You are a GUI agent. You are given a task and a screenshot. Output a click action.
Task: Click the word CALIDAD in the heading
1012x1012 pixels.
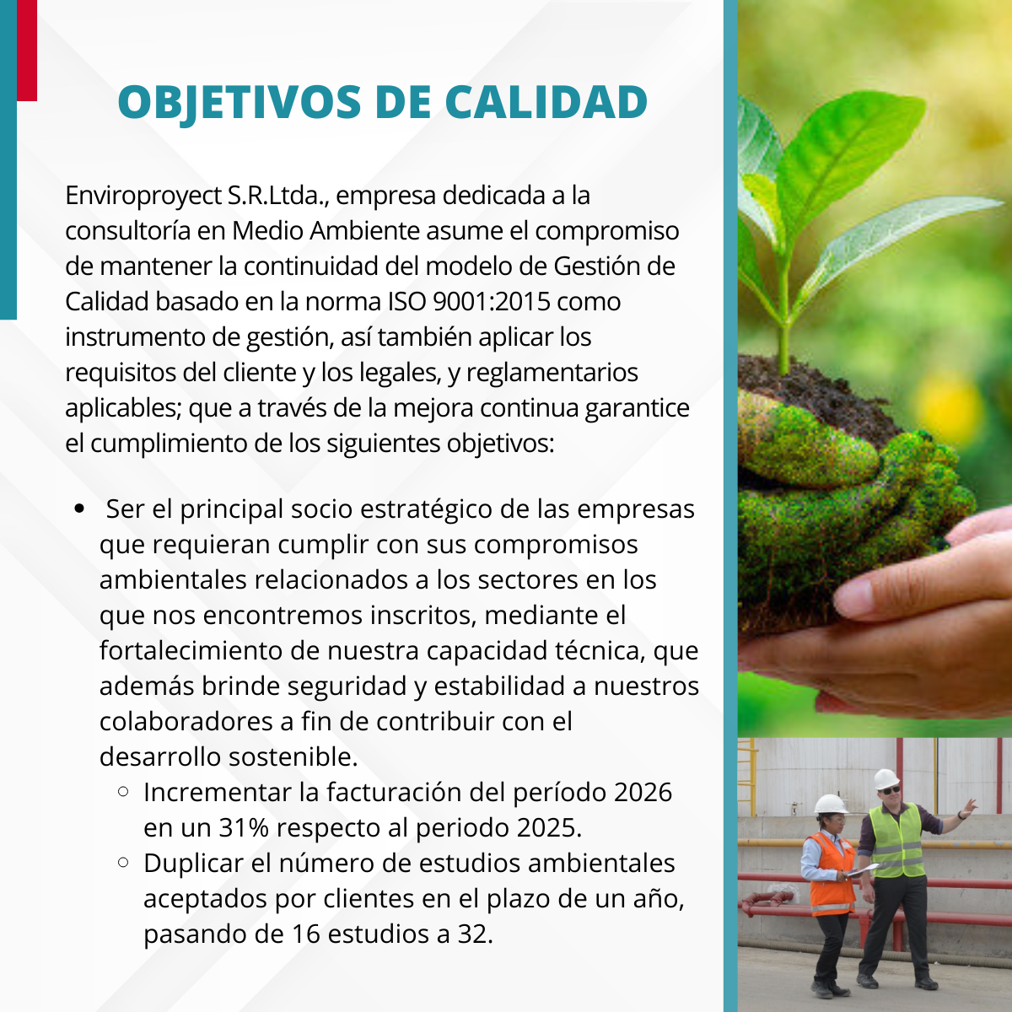pos(546,101)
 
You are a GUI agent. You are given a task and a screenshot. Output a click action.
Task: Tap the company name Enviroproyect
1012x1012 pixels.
pos(143,196)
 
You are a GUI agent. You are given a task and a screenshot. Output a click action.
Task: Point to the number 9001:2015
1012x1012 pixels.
pos(492,301)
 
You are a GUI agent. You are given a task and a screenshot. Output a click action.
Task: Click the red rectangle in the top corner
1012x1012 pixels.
pos(27,51)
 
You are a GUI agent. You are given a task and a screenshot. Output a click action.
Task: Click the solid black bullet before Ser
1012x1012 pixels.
pos(79,509)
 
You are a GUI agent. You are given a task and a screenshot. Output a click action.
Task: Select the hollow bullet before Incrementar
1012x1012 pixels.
pos(123,791)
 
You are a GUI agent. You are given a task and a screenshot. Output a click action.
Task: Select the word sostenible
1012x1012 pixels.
pos(293,756)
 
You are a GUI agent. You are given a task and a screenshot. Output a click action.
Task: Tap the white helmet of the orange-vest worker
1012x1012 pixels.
pos(831,804)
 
